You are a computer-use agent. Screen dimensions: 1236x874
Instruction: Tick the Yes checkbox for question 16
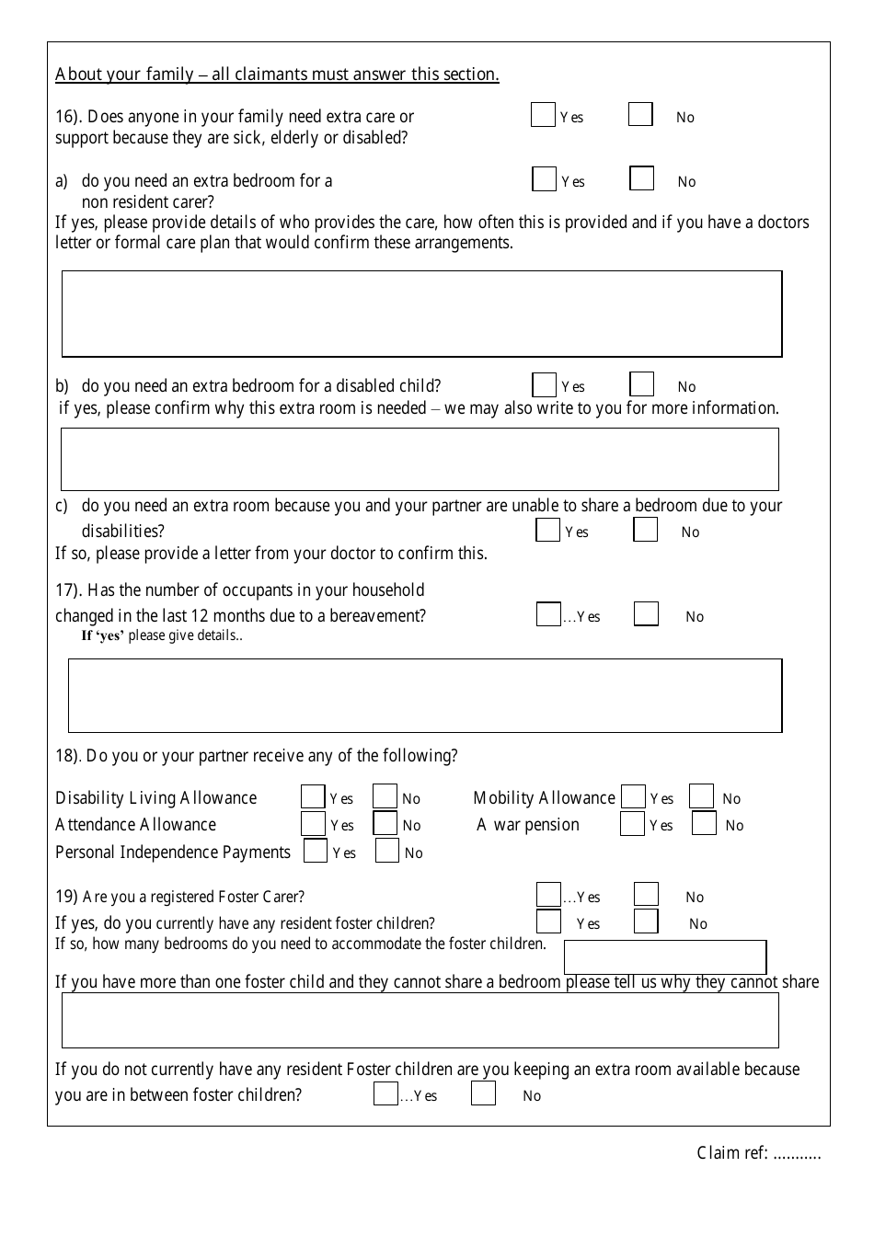click(x=543, y=115)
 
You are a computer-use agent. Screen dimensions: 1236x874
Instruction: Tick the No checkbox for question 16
click(x=640, y=115)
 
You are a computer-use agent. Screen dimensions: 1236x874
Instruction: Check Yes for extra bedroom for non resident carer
click(x=544, y=179)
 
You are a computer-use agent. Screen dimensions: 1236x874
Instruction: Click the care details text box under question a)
click(x=421, y=314)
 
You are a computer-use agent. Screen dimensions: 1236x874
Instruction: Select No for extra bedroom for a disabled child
click(x=642, y=384)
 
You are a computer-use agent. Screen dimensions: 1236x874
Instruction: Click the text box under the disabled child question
click(x=420, y=460)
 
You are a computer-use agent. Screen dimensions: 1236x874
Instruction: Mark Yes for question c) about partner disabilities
click(x=547, y=531)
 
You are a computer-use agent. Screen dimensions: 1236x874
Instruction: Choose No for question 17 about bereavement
click(x=646, y=614)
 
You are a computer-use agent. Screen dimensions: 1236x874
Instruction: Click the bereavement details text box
click(x=425, y=695)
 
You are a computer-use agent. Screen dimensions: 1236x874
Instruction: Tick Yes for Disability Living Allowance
click(x=313, y=796)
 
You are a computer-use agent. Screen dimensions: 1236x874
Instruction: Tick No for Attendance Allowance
click(x=385, y=824)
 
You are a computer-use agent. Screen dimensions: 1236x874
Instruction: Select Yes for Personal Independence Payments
click(x=316, y=852)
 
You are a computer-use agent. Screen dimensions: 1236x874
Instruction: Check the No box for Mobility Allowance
click(x=701, y=796)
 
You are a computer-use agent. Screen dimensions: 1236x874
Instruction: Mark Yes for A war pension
click(x=632, y=824)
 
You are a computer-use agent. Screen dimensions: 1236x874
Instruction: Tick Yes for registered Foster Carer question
click(x=548, y=895)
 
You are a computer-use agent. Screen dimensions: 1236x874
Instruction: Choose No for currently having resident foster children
click(x=646, y=921)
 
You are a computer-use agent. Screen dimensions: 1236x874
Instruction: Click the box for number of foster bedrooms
click(x=664, y=957)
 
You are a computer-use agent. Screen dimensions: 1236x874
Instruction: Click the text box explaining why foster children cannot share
click(x=420, y=1021)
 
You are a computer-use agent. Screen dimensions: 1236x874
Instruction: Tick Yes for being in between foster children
click(x=385, y=1093)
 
